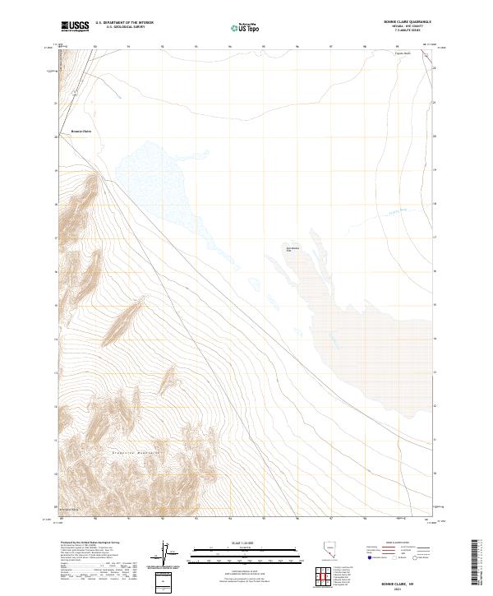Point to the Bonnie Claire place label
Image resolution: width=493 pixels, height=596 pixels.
[x=81, y=131]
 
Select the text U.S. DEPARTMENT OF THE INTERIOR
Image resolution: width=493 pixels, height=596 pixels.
[x=124, y=23]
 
